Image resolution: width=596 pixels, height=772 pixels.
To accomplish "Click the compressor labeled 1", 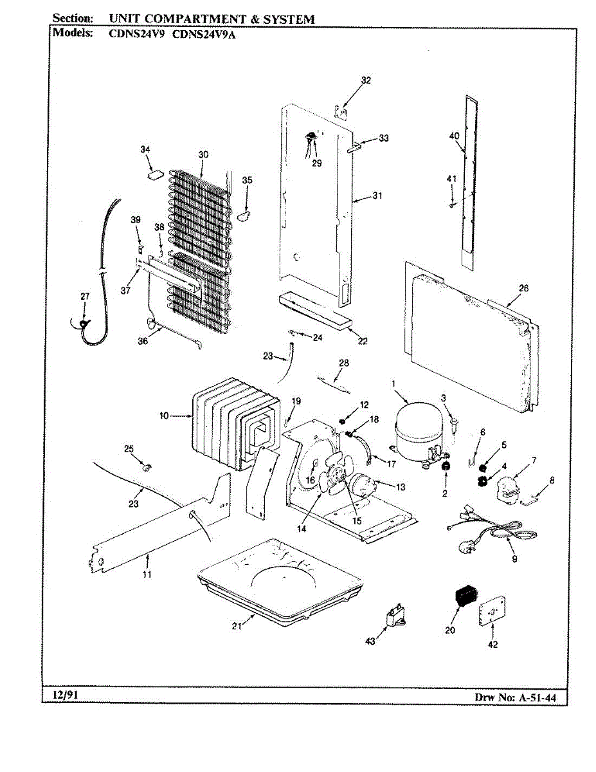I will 417,428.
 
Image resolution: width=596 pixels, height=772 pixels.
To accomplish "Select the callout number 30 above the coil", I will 203,154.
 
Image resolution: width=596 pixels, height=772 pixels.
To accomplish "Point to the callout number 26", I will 523,288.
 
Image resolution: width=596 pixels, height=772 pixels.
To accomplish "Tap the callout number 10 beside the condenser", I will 164,416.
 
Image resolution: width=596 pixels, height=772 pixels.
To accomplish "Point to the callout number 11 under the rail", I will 147,574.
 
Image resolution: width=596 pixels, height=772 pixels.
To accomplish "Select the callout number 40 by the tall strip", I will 454,135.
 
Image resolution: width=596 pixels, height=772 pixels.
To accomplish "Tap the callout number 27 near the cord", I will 85,296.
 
